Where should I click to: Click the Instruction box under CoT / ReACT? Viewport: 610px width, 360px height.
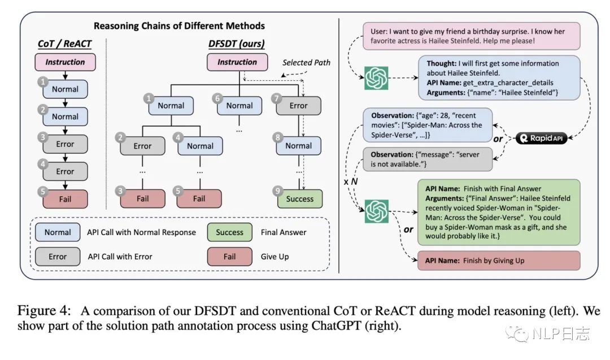coord(65,62)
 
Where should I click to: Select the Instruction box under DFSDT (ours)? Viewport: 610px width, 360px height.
coord(237,62)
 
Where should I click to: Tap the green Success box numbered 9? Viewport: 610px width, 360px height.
coord(299,198)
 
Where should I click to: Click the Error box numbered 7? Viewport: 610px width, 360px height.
coord(298,106)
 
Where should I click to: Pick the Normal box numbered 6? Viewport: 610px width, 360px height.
coord(239,106)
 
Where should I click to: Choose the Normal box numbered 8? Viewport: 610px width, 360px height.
coord(298,146)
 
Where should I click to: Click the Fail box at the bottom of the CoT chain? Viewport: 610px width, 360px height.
coord(65,199)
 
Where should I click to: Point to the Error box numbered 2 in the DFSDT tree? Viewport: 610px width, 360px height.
coord(142,146)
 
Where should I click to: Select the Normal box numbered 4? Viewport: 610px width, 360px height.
coord(200,146)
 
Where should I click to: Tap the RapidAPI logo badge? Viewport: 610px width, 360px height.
coord(541,138)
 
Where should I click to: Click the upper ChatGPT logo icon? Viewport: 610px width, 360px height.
coord(376,78)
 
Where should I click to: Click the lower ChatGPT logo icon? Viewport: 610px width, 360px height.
coord(376,211)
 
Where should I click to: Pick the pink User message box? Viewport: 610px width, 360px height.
coord(472,36)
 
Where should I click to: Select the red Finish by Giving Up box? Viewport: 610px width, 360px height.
coord(499,261)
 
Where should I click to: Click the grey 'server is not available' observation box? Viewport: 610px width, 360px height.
coord(428,159)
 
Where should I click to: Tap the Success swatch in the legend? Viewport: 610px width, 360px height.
coord(229,232)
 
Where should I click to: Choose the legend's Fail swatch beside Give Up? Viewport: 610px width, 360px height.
coord(229,257)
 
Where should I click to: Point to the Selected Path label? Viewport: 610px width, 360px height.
coord(306,62)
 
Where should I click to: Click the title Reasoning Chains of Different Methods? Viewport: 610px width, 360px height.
coord(180,25)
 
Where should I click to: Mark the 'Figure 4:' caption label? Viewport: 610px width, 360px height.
coord(45,311)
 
